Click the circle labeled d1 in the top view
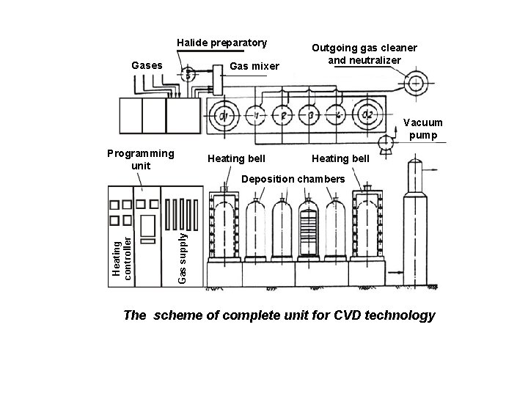tap(224, 115)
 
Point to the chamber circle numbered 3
tap(311, 115)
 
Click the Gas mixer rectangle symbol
tap(217, 76)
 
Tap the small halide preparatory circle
tap(188, 73)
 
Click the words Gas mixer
tap(254, 67)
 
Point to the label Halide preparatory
tap(221, 43)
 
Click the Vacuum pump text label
tap(424, 129)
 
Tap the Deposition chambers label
tap(293, 180)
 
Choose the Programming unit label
tap(140, 159)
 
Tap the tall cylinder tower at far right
tap(419, 220)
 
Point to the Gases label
tap(146, 66)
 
